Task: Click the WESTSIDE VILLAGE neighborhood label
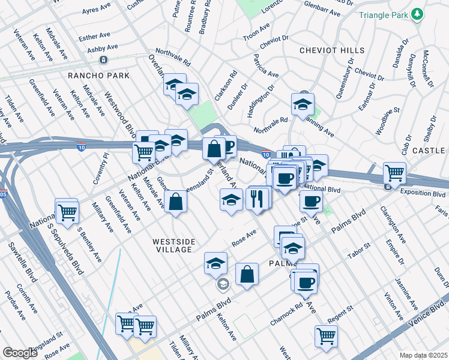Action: [x=173, y=246]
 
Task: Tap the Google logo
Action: [x=20, y=353]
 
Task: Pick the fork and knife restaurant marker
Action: [x=257, y=198]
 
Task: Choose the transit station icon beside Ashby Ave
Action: [x=104, y=60]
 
